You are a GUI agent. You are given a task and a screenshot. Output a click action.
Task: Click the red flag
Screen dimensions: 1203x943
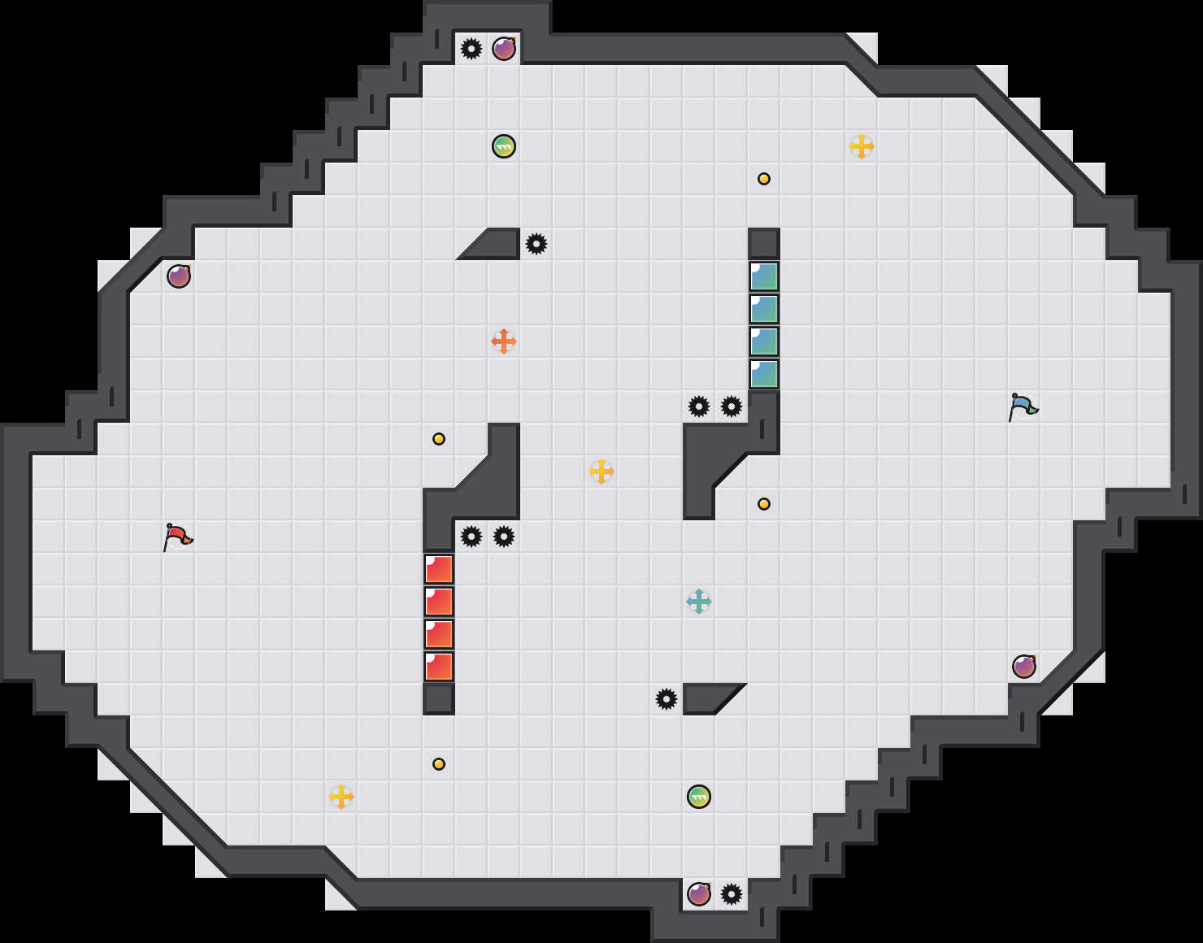coord(177,537)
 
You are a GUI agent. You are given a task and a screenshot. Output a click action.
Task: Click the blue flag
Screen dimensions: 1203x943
coord(1023,406)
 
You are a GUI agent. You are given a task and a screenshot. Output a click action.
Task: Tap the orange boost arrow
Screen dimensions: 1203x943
coord(504,341)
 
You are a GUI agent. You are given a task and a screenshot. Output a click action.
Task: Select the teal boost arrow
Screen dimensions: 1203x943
coord(699,602)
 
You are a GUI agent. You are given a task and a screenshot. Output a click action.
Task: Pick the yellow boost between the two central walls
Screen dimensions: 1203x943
coord(601,471)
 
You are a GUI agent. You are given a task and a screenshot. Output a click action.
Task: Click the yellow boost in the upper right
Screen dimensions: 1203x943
coord(862,146)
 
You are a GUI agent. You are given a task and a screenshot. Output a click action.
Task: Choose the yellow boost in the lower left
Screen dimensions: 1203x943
coord(341,797)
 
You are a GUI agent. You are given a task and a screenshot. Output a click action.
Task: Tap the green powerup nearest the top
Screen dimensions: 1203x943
coord(504,146)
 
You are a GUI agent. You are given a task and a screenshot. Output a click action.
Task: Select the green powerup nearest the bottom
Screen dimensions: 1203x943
coord(699,797)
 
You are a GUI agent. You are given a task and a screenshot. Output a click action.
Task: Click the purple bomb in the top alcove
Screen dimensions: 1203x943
coord(504,49)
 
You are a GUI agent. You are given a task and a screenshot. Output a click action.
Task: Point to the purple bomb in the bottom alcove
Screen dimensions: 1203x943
coord(699,894)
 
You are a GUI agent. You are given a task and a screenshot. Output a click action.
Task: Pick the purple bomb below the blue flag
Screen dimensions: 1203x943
coord(1024,667)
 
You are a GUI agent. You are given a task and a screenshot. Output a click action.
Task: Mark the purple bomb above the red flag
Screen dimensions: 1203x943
coord(179,276)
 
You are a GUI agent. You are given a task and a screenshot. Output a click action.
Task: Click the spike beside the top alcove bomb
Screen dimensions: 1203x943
coord(471,49)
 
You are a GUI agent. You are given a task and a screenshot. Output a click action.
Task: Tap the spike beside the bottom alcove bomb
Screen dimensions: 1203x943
coord(732,894)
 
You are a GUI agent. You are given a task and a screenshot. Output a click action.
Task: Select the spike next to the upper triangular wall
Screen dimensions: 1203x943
coord(536,244)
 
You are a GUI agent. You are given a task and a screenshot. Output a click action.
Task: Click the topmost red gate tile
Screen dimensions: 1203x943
coord(439,569)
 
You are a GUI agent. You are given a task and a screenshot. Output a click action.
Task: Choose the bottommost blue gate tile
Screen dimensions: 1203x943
coord(764,374)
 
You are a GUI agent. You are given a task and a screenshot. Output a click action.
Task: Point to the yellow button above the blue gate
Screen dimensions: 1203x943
coord(764,179)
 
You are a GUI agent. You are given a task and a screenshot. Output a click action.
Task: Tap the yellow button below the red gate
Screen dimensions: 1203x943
coord(439,764)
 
